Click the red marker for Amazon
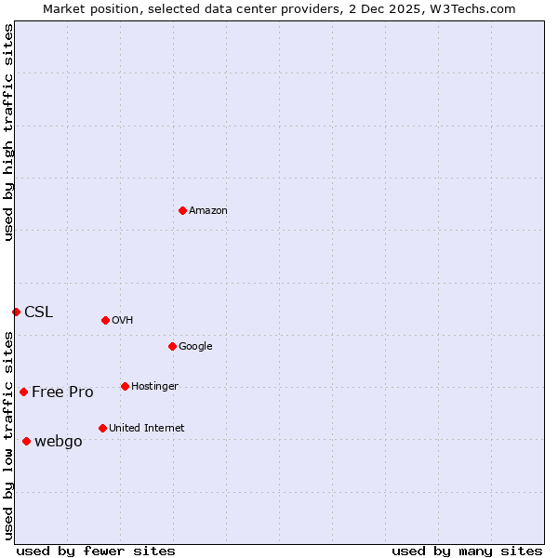[182, 210]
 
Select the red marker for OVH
[105, 320]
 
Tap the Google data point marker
[172, 346]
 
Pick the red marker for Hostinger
[125, 386]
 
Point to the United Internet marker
[102, 428]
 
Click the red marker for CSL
[16, 312]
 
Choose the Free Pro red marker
[23, 392]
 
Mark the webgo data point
[26, 441]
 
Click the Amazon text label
[208, 211]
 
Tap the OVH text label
[123, 321]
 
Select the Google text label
[195, 347]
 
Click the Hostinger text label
[154, 387]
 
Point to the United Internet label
[147, 429]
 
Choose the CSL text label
[39, 312]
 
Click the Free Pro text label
[62, 392]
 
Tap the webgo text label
[59, 442]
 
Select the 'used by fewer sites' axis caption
[96, 551]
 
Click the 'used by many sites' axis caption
[467, 551]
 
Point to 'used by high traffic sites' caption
[8, 132]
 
